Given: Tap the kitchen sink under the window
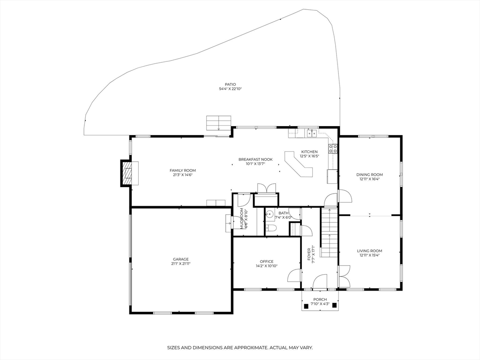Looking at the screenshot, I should (311, 134).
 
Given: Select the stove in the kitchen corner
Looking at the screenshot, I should (333, 149).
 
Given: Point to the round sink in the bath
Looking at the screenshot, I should (270, 215).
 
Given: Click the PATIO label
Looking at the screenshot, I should (230, 84).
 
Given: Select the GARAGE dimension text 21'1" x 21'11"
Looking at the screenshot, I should (180, 264).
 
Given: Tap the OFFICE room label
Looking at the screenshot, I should (267, 262).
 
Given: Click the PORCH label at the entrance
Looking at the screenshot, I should (320, 300).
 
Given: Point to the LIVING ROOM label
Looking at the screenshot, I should (369, 251).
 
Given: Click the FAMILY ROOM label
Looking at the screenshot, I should (183, 170).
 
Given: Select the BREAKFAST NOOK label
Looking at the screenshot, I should (255, 159).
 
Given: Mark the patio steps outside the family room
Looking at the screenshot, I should (218, 123).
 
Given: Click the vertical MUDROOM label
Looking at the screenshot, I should (243, 218).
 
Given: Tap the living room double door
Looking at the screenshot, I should (344, 276).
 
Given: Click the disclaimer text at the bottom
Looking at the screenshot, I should (240, 348).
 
